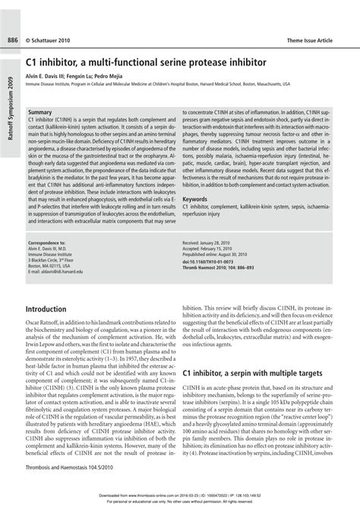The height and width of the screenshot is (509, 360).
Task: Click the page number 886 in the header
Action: coord(13,17)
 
